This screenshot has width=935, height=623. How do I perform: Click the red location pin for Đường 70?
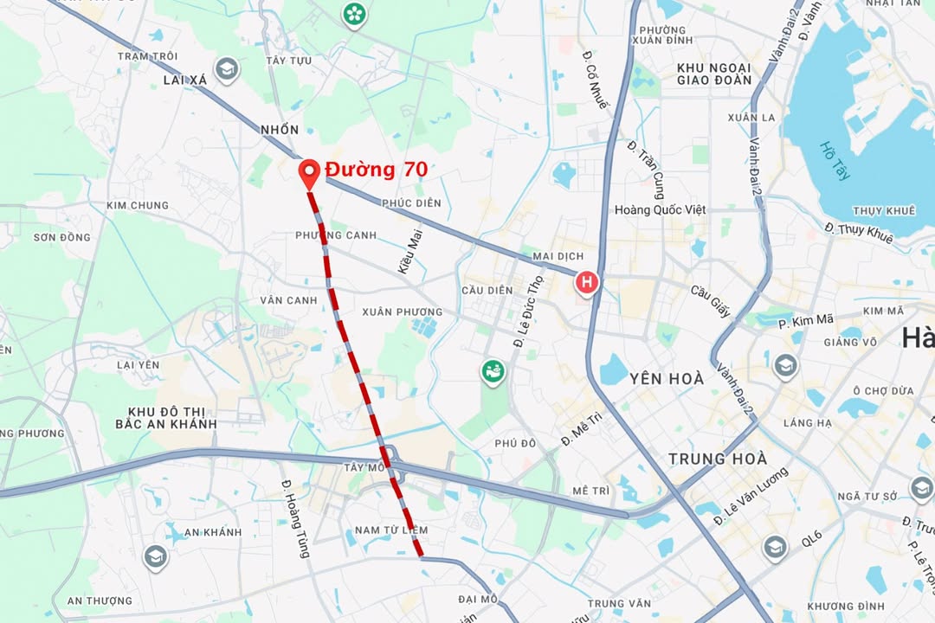[309, 173]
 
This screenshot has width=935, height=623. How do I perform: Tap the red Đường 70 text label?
[376, 170]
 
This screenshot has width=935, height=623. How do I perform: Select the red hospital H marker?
[587, 282]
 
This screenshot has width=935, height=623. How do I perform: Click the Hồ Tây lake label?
[836, 161]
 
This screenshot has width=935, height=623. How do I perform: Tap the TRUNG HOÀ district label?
[718, 459]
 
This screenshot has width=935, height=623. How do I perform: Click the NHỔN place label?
[280, 130]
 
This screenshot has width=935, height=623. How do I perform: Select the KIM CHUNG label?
[138, 206]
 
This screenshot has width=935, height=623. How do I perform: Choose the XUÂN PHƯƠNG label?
[402, 311]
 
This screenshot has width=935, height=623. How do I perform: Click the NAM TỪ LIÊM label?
[391, 530]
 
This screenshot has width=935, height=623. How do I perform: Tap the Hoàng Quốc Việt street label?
[660, 209]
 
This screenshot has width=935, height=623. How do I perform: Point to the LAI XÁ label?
[185, 80]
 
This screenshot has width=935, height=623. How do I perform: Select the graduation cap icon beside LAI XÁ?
[227, 68]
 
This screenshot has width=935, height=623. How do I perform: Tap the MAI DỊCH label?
[558, 256]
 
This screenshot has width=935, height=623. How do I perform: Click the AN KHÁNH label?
[212, 532]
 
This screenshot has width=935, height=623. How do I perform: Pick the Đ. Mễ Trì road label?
[582, 429]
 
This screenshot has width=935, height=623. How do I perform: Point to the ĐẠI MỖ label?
[478, 599]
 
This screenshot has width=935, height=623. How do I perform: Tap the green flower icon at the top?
[353, 14]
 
